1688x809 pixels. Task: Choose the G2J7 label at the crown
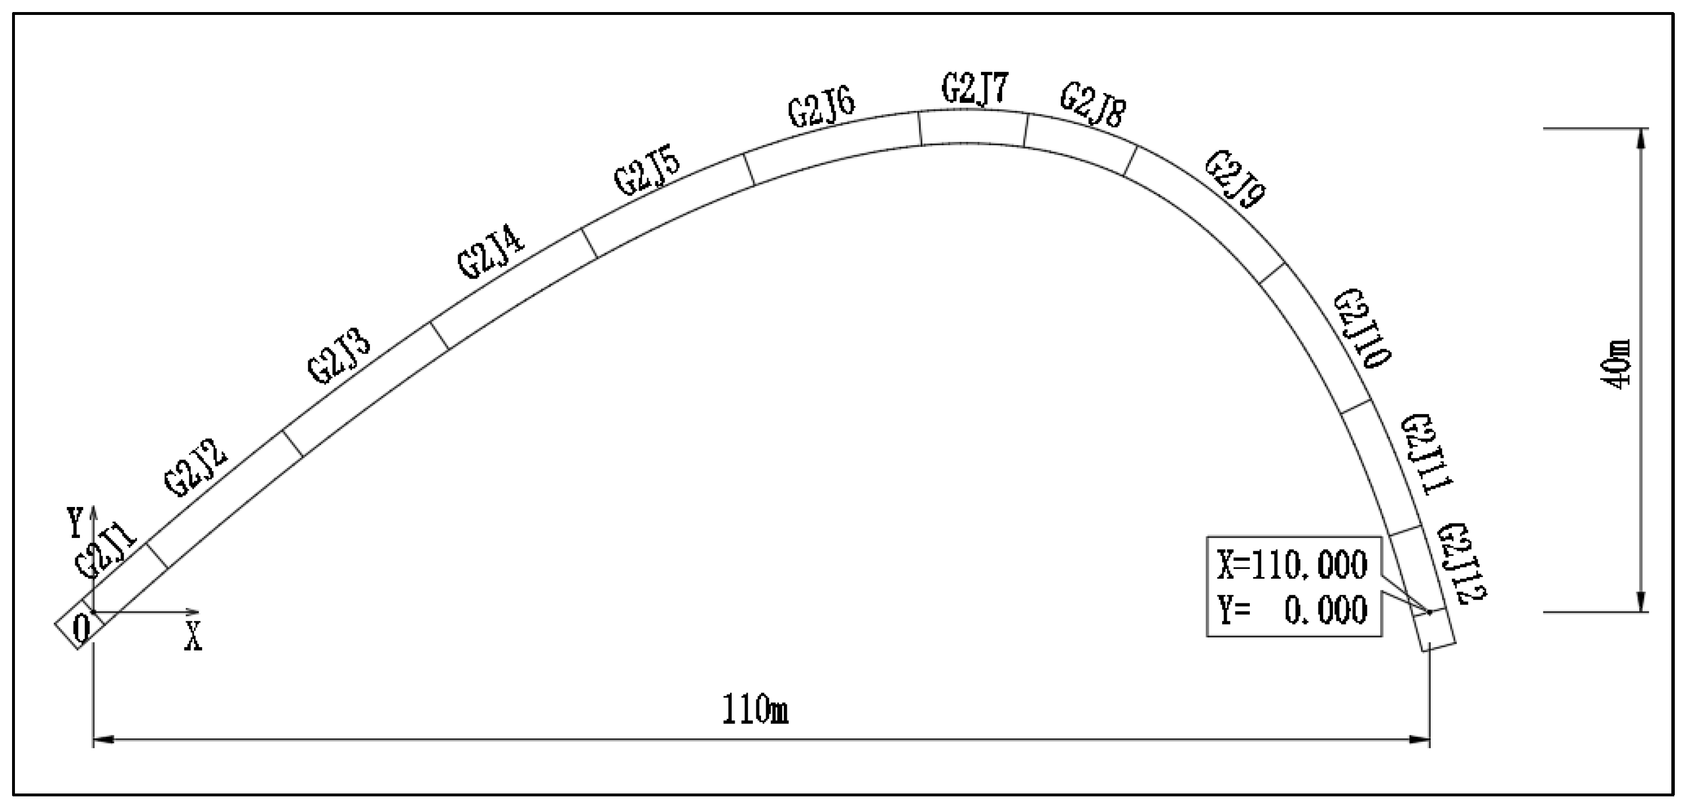click(975, 89)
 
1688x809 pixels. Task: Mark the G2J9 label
click(1236, 179)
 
